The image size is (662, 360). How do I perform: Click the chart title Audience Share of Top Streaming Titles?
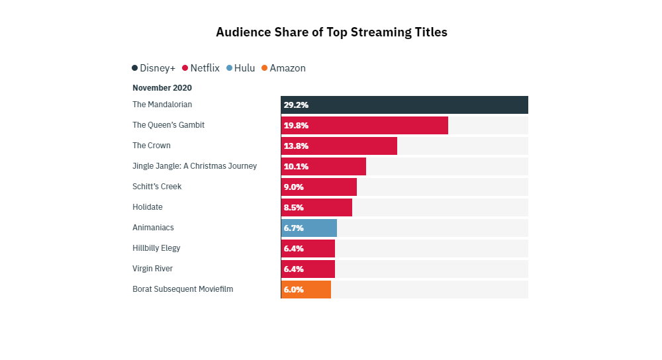[x=332, y=32]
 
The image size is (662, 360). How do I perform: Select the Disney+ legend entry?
[x=154, y=68]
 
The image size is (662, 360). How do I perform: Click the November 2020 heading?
[x=162, y=87]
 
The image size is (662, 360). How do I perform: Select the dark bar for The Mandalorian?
[x=404, y=105]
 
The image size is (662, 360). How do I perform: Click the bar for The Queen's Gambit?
[x=364, y=125]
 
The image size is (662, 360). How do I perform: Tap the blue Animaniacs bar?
[x=309, y=228]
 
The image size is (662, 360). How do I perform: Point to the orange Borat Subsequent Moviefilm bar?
[x=306, y=289]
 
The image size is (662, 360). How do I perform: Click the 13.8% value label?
[x=296, y=146]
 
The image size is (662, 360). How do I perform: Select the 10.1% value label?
[x=296, y=166]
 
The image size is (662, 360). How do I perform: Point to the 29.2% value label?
[x=296, y=105]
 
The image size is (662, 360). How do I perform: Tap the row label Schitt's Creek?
[x=157, y=187]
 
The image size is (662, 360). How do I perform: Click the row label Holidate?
[x=148, y=207]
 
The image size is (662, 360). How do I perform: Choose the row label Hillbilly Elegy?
[x=156, y=248]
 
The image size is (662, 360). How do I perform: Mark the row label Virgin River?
[x=152, y=269]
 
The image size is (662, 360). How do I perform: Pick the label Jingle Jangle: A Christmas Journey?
[x=195, y=166]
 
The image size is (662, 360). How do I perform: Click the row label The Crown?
[x=152, y=146]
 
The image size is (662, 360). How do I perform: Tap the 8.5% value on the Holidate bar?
[x=294, y=207]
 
